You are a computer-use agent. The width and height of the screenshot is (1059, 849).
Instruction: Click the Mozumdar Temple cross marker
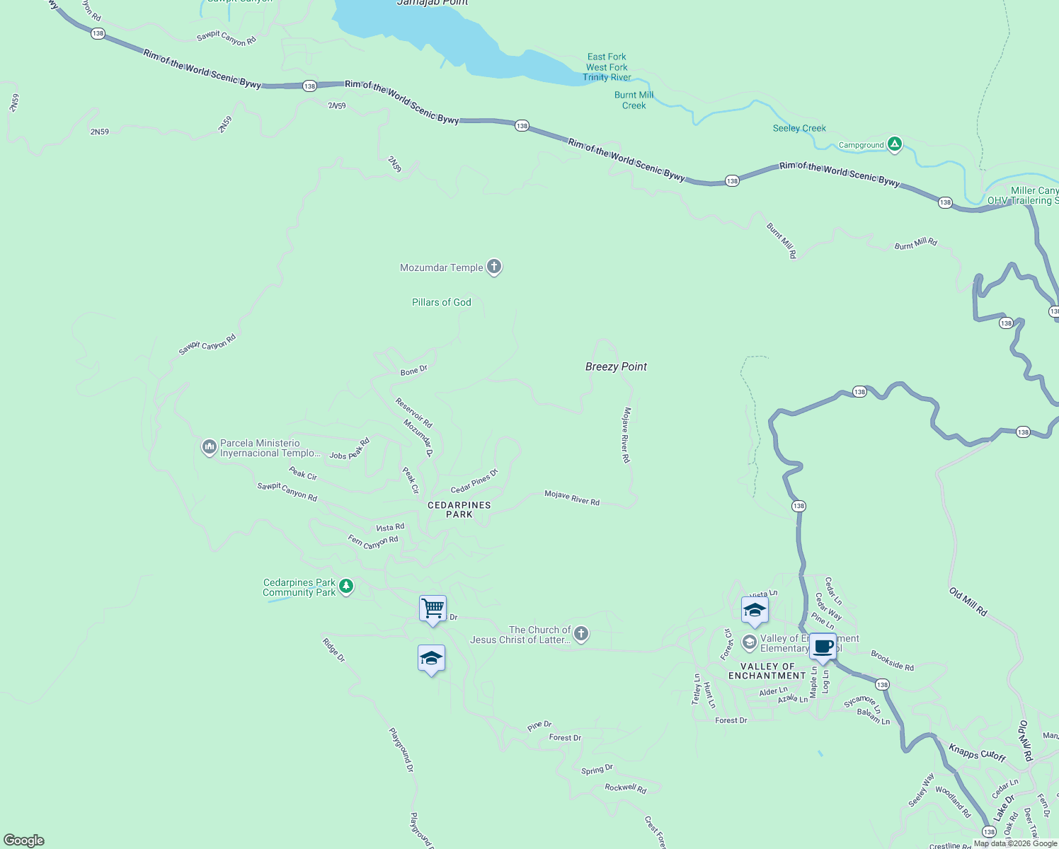pyautogui.click(x=494, y=267)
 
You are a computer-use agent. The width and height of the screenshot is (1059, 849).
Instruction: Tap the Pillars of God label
pyautogui.click(x=441, y=302)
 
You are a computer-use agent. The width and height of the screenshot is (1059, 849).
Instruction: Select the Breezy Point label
pyautogui.click(x=616, y=366)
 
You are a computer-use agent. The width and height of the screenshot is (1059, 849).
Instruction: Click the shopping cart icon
pyautogui.click(x=433, y=608)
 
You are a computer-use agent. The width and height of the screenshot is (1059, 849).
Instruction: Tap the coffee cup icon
pyautogui.click(x=823, y=646)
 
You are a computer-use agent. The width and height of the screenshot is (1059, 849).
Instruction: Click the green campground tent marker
pyautogui.click(x=895, y=144)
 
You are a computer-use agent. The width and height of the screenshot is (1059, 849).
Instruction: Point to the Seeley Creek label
pyautogui.click(x=799, y=128)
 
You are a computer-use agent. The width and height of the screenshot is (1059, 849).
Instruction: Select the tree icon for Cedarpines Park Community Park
pyautogui.click(x=346, y=587)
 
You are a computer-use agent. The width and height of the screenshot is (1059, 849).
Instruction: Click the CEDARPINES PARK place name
pyautogui.click(x=459, y=509)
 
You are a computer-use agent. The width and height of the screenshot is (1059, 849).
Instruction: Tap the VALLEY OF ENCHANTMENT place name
pyautogui.click(x=767, y=671)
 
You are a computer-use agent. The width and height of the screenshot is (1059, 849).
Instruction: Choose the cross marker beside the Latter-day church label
pyautogui.click(x=581, y=634)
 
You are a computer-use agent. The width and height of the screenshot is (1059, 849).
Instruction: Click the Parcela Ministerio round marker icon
pyautogui.click(x=209, y=447)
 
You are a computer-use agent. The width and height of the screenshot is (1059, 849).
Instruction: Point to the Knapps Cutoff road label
pyautogui.click(x=977, y=752)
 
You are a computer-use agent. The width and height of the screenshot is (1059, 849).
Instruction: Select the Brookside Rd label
pyautogui.click(x=892, y=660)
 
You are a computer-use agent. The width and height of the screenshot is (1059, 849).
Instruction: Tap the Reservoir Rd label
pyautogui.click(x=414, y=412)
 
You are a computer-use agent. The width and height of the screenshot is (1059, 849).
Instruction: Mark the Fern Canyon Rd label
pyautogui.click(x=373, y=542)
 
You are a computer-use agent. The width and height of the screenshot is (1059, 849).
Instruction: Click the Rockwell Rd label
pyautogui.click(x=625, y=787)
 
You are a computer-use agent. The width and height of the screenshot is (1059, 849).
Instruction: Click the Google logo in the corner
pyautogui.click(x=24, y=840)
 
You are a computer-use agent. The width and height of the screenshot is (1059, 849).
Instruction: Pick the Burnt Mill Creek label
pyautogui.click(x=634, y=100)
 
